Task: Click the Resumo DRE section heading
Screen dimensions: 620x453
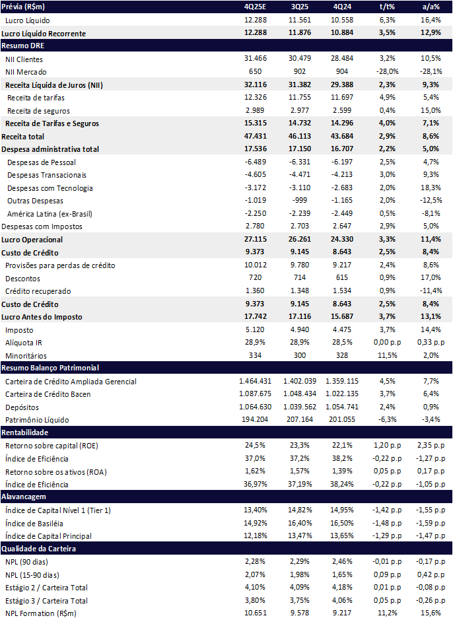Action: pyautogui.click(x=20, y=46)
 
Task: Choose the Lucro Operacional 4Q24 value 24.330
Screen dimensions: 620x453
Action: pyautogui.click(x=343, y=239)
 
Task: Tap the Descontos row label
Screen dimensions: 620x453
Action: pyautogui.click(x=22, y=278)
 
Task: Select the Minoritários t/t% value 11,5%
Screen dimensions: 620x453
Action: pyautogui.click(x=387, y=355)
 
